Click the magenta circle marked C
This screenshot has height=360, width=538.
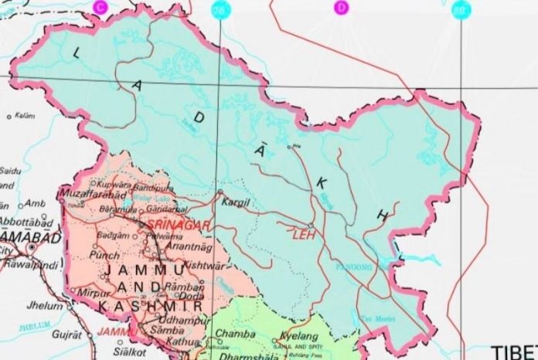coord(99,6)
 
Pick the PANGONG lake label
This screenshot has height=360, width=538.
coord(355,267)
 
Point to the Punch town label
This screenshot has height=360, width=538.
coord(105,254)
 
